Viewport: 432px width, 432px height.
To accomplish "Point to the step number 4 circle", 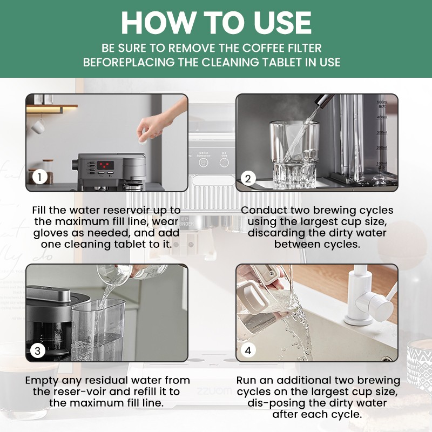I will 248,350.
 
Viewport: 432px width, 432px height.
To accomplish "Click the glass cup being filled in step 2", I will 292,154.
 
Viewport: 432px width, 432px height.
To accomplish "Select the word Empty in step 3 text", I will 42,380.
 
